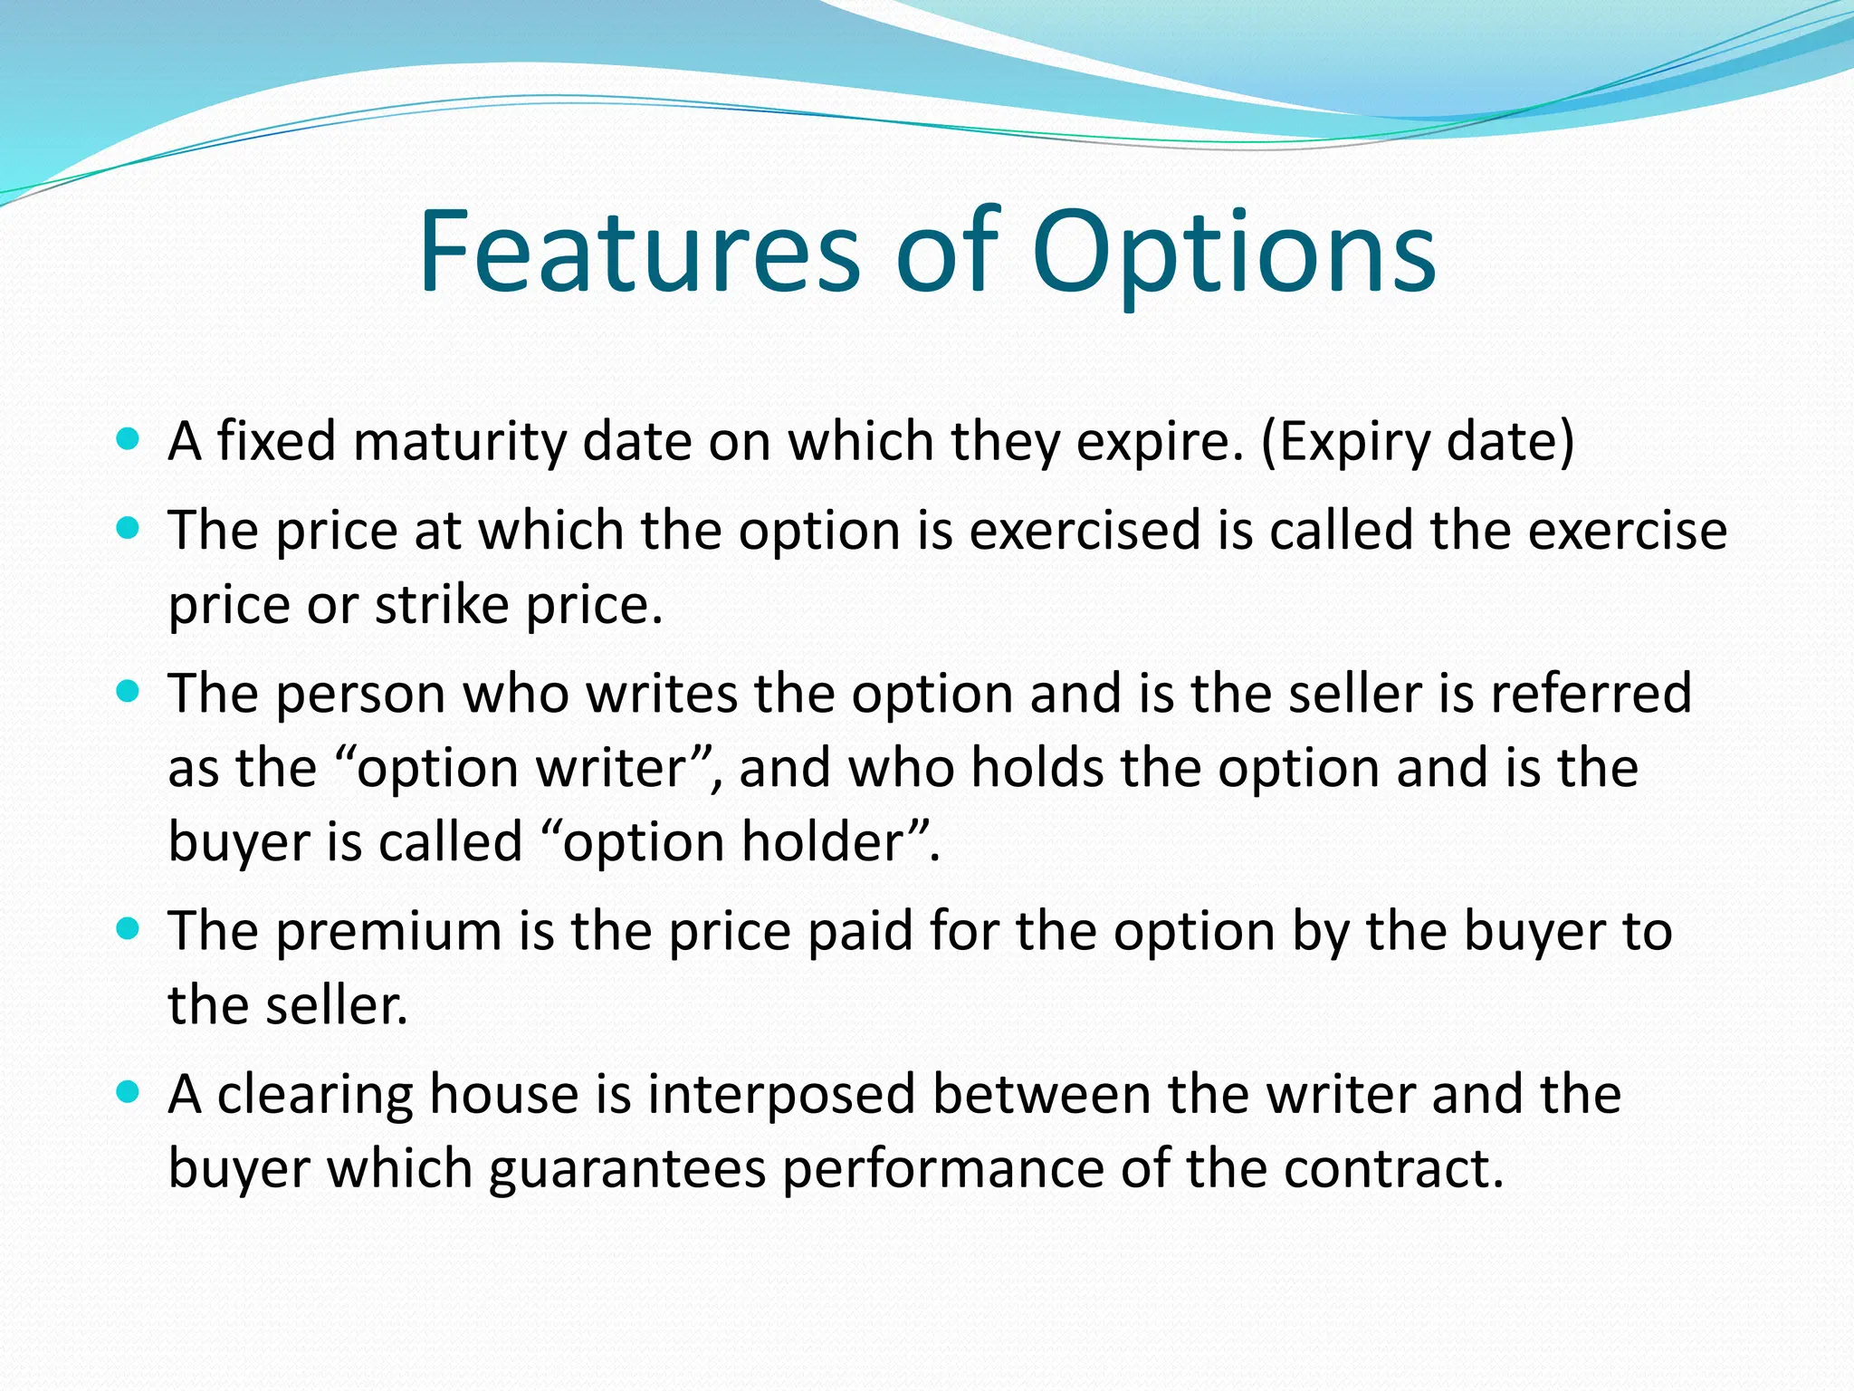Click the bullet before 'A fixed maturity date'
click(x=129, y=440)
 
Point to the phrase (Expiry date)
click(x=1418, y=443)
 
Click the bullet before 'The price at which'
click(x=129, y=528)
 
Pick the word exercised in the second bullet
click(x=1085, y=530)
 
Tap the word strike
click(x=442, y=604)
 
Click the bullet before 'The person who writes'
click(x=129, y=692)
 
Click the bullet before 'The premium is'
click(x=129, y=929)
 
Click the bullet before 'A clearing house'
click(x=129, y=1092)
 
